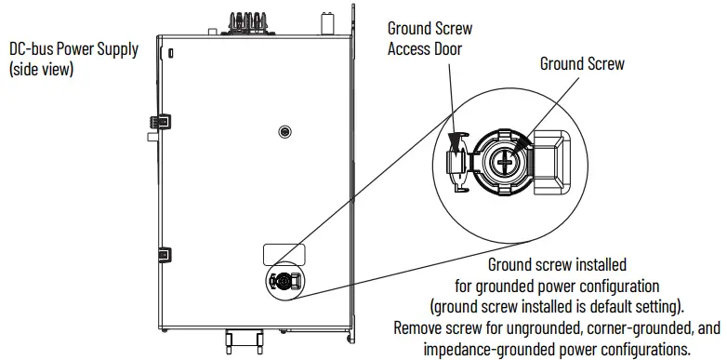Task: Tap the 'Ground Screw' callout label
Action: (582, 64)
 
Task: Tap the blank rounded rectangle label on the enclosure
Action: (284, 254)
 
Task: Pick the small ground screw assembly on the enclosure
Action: (282, 280)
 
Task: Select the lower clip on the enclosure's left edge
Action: (162, 254)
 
